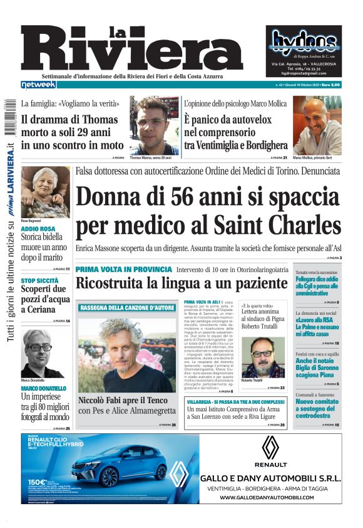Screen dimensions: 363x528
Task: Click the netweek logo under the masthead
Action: (38, 84)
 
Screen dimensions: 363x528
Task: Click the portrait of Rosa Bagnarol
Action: (45, 191)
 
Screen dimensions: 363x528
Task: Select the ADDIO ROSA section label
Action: (38, 229)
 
